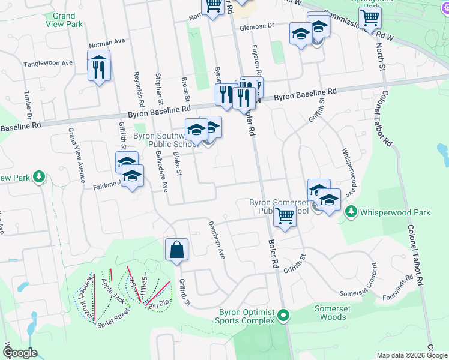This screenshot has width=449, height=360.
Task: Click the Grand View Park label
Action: click(x=64, y=20)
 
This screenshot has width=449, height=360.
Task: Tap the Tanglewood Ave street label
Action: click(x=48, y=63)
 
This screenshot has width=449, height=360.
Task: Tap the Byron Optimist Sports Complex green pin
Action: click(x=285, y=314)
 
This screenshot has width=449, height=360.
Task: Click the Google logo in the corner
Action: click(x=19, y=353)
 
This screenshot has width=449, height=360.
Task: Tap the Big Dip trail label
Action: click(x=158, y=306)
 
